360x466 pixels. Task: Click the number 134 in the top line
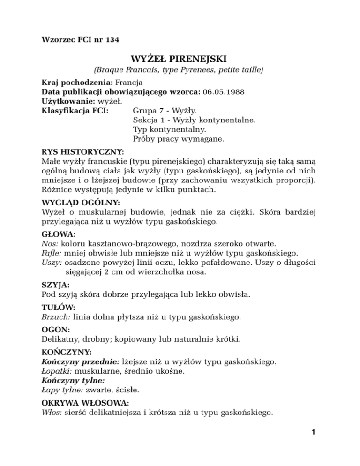111,40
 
